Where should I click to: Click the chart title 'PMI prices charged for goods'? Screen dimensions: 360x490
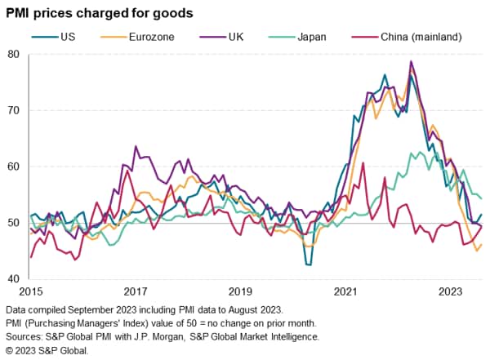click(99, 13)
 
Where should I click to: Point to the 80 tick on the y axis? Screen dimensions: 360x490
click(14, 55)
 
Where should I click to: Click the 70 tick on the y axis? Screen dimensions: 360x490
click(14, 110)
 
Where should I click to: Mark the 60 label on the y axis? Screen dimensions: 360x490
click(14, 167)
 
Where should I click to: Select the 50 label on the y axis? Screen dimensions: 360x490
click(14, 223)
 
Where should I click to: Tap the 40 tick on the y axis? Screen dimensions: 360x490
click(14, 279)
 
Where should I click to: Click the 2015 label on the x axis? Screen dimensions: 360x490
click(30, 292)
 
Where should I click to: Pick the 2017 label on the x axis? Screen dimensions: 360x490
click(136, 292)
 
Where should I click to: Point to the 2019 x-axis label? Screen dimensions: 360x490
click(240, 292)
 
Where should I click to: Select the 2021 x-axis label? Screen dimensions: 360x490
click(345, 292)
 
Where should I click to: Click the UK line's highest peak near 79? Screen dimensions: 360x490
click(412, 61)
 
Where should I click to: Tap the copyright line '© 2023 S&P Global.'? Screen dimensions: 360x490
click(47, 350)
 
